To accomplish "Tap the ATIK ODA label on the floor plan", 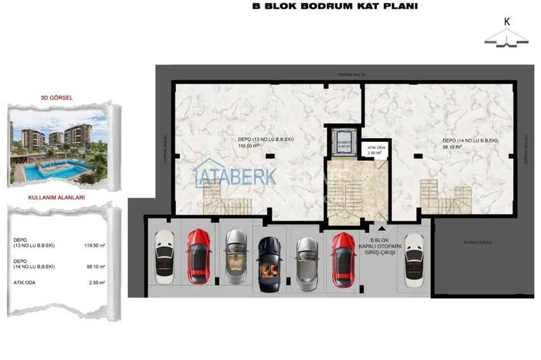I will pos(374,149).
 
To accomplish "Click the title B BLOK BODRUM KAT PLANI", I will pos(327,8).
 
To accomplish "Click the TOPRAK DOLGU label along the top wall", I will pos(349,74).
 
